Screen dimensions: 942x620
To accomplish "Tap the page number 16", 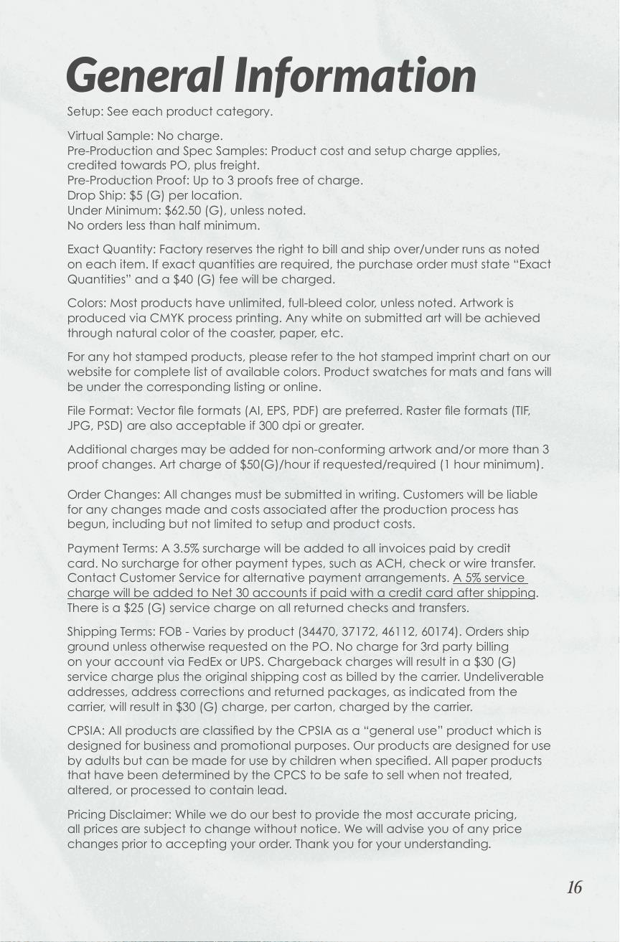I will [x=574, y=887].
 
